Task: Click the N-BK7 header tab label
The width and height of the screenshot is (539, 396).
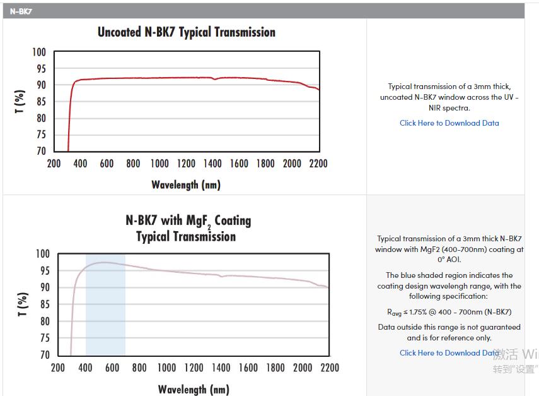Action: [21, 11]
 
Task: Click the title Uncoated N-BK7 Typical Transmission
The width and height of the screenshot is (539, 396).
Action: [186, 32]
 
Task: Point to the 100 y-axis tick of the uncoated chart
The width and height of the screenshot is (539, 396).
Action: [39, 52]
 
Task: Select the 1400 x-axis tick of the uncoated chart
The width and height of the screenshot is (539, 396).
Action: [212, 164]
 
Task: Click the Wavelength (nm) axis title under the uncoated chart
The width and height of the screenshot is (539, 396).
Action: [186, 185]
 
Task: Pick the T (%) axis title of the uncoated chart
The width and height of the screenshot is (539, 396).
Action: [20, 102]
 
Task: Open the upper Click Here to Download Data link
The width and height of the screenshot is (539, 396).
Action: [449, 123]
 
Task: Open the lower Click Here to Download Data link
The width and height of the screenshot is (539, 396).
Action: [449, 353]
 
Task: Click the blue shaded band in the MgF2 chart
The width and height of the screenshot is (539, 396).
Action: [105, 316]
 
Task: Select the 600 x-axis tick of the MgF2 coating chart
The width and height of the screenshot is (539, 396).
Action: [112, 368]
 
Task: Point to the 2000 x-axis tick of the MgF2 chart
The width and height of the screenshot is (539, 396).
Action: [303, 368]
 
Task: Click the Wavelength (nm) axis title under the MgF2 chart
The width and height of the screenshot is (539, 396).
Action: [194, 389]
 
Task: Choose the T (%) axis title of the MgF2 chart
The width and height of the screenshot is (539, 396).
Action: [23, 304]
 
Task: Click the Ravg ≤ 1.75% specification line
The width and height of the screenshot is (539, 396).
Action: [449, 312]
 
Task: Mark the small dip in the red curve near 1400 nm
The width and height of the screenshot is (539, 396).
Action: [215, 79]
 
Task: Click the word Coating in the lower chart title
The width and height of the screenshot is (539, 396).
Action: [233, 221]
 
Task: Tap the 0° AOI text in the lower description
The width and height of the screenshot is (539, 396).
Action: [449, 260]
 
